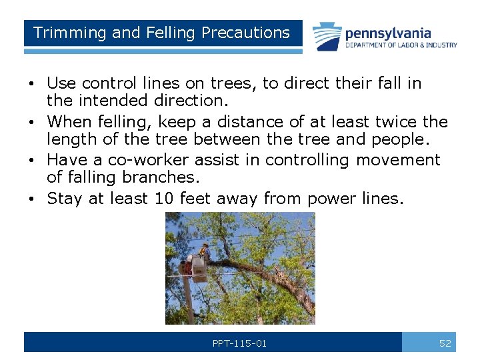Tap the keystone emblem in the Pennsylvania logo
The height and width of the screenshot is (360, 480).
pos(327,37)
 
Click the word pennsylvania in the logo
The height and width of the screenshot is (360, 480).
pos(387,33)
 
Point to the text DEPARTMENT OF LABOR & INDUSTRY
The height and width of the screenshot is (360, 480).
pos(401,45)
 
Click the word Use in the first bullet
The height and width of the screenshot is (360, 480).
pos(61,83)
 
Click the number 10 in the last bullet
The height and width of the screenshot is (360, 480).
pos(163,198)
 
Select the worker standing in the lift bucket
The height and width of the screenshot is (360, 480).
pos(205,253)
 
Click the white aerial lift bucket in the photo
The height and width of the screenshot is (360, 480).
pos(196,265)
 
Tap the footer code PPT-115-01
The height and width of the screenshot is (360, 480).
pos(239,343)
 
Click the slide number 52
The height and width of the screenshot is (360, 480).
pos(445,343)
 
